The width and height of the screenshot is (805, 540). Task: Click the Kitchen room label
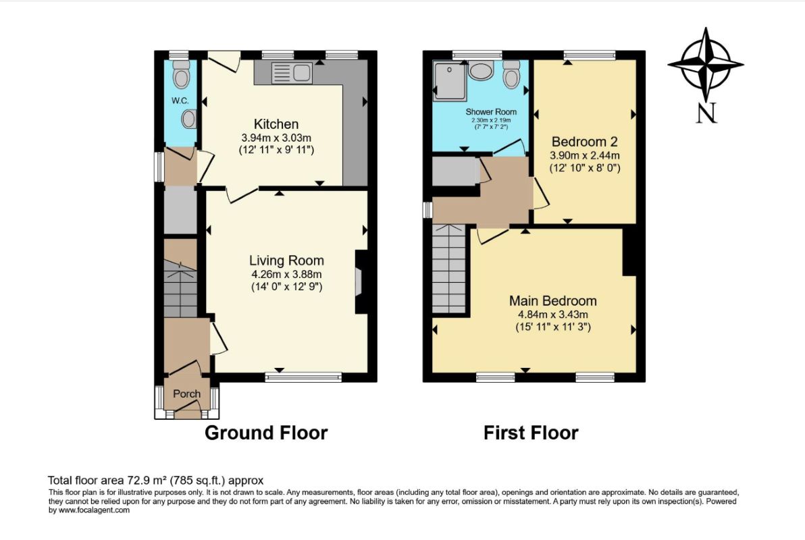276,124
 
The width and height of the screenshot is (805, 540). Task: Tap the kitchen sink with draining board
292,73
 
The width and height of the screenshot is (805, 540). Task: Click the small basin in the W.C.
189,119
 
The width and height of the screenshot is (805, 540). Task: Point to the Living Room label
286,261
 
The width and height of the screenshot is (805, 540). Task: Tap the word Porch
186,394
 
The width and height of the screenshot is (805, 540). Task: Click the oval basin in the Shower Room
481,72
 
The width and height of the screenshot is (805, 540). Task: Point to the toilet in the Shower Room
511,74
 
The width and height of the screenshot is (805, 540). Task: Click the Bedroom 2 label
585,142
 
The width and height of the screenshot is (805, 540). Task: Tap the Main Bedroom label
553,301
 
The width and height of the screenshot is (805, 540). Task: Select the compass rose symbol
706,65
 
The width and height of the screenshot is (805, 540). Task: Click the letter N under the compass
706,113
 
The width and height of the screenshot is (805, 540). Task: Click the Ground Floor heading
266,433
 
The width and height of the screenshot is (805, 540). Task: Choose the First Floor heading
531,433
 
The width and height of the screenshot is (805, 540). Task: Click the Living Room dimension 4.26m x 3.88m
286,275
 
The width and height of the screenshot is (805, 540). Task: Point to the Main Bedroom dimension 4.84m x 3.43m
553,315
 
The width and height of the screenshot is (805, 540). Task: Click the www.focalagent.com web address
94,510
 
